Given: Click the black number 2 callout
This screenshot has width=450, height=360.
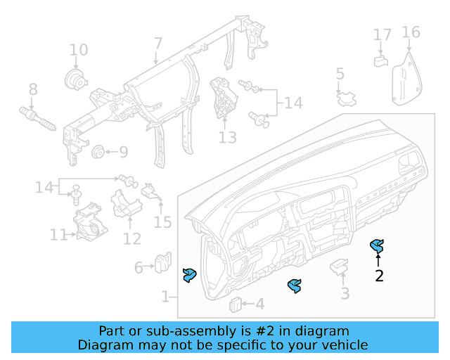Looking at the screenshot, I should (x=379, y=276).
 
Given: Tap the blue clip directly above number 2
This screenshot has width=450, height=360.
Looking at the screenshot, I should (x=378, y=246).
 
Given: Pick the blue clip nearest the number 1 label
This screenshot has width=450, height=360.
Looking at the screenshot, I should (x=189, y=276).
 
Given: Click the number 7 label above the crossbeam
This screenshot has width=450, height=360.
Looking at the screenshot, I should (x=157, y=43).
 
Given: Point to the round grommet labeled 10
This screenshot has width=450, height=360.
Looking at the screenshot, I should (x=74, y=79).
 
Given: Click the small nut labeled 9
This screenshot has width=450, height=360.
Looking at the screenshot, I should (x=98, y=151).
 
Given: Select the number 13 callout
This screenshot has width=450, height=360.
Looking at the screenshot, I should (x=227, y=137).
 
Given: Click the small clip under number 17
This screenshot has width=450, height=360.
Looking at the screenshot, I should (x=381, y=60).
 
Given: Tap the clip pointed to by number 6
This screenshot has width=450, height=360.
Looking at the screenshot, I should (x=162, y=262).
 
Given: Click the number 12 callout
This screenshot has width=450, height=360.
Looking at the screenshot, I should (x=131, y=238).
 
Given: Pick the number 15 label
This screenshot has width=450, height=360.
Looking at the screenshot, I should (x=162, y=223).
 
